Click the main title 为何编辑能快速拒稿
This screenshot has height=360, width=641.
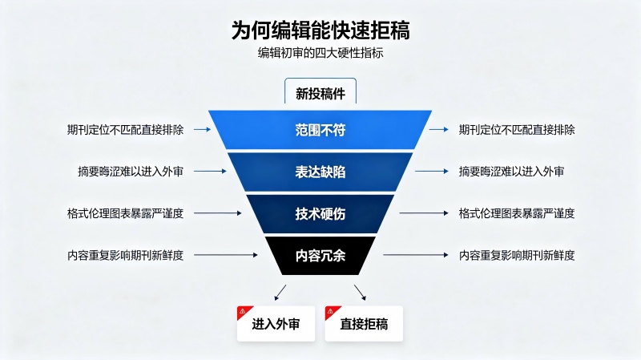(x=320, y=30)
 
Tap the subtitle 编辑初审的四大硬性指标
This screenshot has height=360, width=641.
(x=320, y=53)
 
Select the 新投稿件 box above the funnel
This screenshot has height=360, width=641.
(x=320, y=91)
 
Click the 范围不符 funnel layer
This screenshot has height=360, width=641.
(x=320, y=130)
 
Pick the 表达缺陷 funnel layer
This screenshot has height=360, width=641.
(x=320, y=172)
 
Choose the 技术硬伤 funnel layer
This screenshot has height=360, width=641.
(x=320, y=213)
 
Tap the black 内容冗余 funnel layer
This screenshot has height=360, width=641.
(x=320, y=256)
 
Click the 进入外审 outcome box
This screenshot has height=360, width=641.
(x=276, y=324)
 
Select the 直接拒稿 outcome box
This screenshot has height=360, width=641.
(x=364, y=324)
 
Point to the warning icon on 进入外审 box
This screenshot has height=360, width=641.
(x=243, y=311)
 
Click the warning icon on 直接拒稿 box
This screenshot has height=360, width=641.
(x=330, y=311)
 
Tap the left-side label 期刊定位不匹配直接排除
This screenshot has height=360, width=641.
(x=126, y=130)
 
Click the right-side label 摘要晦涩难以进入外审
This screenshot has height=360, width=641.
(x=511, y=172)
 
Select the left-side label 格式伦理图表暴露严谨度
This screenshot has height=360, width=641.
(x=126, y=213)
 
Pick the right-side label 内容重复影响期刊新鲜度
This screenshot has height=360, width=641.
(x=517, y=255)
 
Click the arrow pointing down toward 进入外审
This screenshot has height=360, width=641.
(x=280, y=293)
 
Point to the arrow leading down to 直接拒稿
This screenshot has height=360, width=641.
(x=360, y=293)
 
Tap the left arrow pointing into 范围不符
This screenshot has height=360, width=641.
(x=203, y=129)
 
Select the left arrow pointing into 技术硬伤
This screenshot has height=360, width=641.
(x=218, y=213)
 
